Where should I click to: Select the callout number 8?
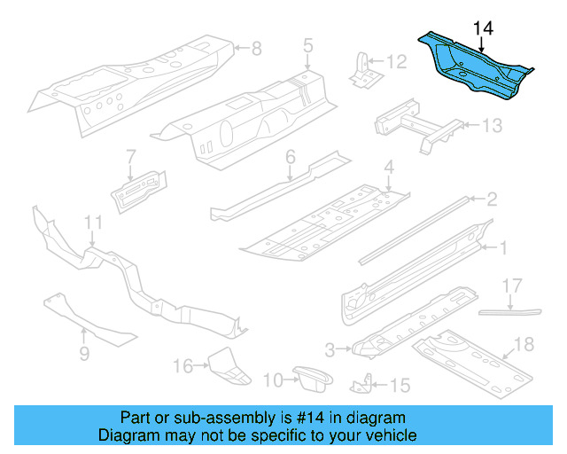click(256, 48)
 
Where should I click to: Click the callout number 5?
click(307, 44)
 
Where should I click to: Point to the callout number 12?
click(396, 62)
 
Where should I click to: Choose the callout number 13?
click(491, 126)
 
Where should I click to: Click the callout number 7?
click(130, 156)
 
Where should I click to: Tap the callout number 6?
click(290, 158)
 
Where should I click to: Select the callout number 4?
click(388, 168)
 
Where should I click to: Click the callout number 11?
click(93, 222)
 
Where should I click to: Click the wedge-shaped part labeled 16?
click(223, 366)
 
